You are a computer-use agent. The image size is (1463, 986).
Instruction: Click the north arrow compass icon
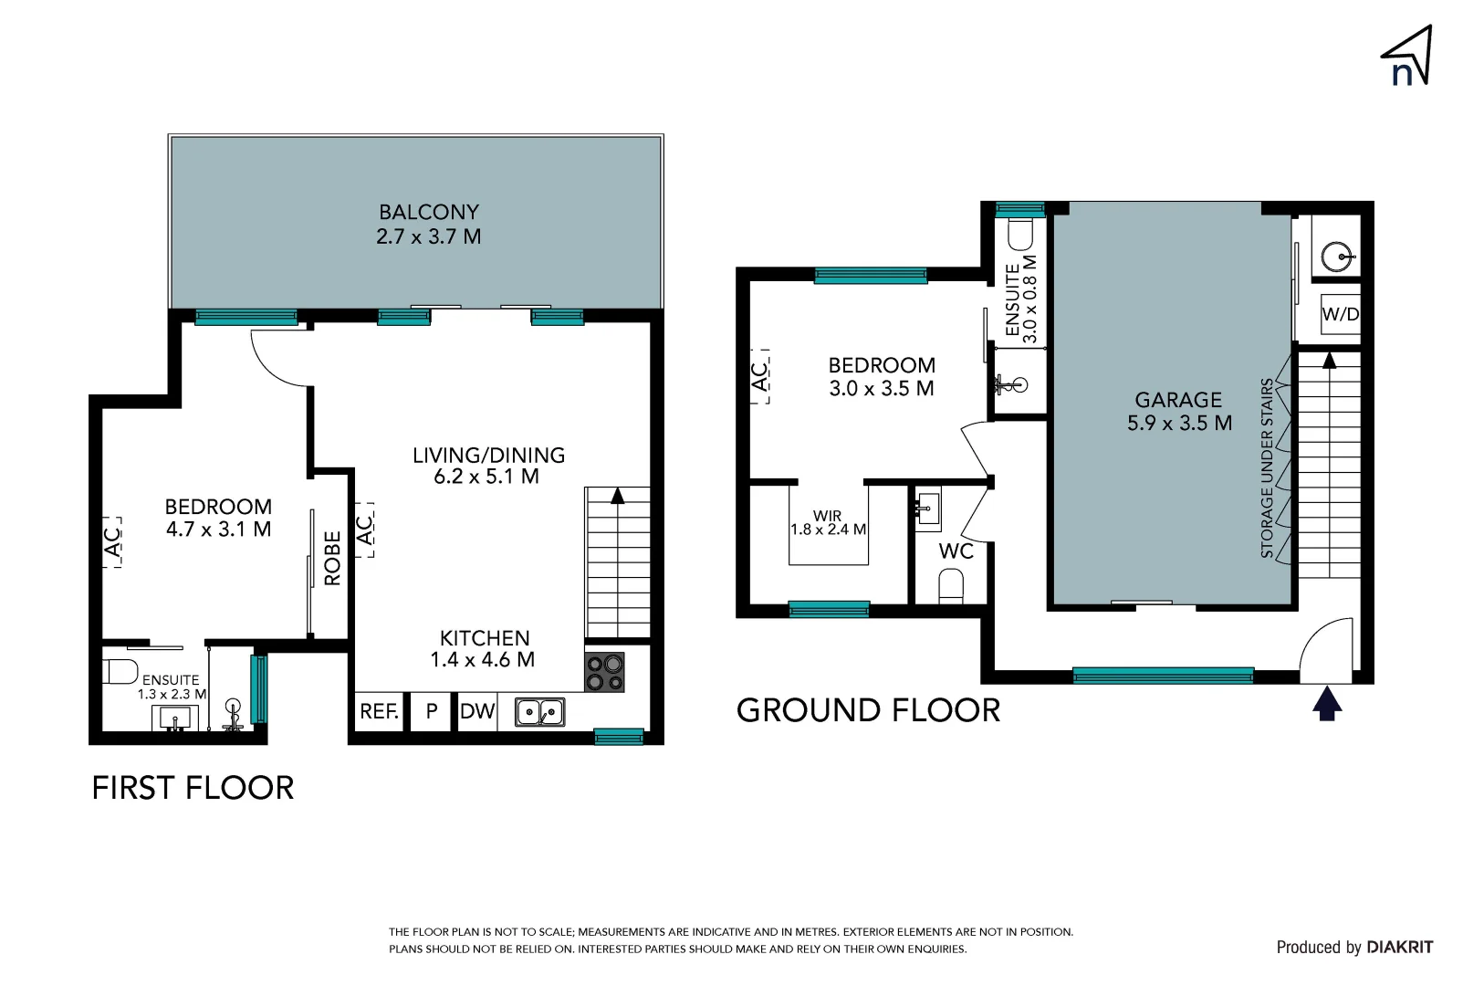click(x=1406, y=58)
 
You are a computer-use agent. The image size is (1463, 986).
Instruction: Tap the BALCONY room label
click(x=428, y=224)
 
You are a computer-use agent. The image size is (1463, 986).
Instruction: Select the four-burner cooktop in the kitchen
click(x=604, y=672)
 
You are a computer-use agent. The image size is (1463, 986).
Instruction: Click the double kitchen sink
click(x=539, y=711)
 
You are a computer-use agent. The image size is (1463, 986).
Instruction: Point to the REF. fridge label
click(x=379, y=711)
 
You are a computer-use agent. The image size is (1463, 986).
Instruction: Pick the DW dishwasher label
click(x=476, y=711)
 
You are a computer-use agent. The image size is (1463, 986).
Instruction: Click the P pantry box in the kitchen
click(x=432, y=711)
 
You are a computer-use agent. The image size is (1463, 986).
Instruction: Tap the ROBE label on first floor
click(x=332, y=558)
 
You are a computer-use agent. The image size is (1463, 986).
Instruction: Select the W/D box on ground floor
click(x=1340, y=314)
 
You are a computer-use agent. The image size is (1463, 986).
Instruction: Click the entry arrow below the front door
click(x=1326, y=705)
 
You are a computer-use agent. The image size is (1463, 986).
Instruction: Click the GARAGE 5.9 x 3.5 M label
click(x=1178, y=411)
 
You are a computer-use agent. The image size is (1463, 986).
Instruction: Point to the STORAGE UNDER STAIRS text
click(x=1267, y=467)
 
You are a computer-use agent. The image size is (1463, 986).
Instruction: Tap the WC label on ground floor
click(x=956, y=551)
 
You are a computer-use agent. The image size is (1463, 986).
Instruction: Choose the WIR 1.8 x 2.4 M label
click(x=828, y=522)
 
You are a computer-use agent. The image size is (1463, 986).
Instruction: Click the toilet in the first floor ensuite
click(x=120, y=671)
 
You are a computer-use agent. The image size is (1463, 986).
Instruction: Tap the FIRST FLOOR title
click(x=193, y=788)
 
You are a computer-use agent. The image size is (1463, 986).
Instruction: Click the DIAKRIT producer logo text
click(x=1399, y=947)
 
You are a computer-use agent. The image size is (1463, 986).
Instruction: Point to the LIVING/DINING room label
click(x=488, y=465)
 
